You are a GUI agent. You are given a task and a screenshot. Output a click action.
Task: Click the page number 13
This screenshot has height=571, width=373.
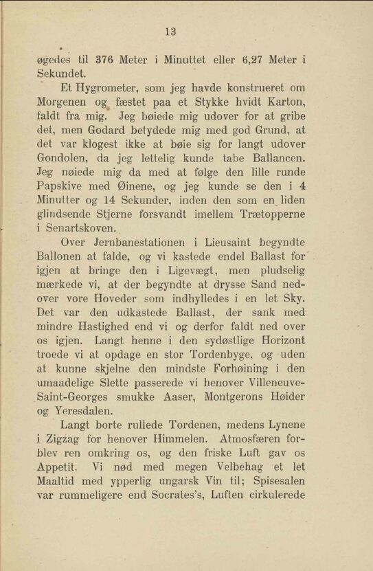tap(171, 32)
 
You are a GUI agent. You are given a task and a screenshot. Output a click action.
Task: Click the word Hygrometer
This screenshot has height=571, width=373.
tap(108, 89)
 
